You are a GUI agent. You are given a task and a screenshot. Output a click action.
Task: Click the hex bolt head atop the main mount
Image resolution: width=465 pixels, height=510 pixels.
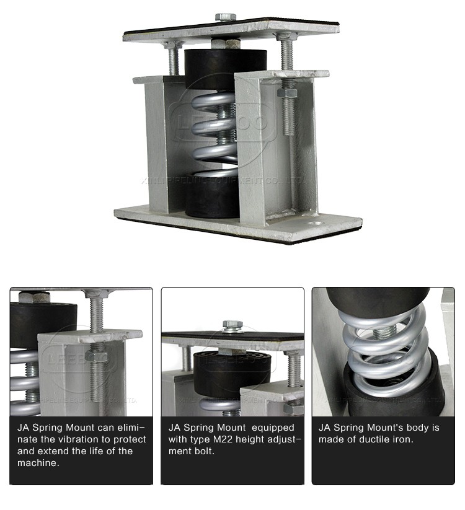point(225,17)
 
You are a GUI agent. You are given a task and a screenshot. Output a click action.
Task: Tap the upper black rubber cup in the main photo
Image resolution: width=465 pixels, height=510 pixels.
point(211,69)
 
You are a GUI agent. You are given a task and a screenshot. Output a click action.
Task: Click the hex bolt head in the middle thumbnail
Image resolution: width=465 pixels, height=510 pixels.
point(232,325)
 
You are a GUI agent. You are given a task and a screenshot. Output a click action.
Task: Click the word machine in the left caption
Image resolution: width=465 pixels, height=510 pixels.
point(38,462)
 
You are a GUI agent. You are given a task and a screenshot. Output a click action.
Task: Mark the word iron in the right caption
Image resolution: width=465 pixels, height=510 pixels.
point(399,439)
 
